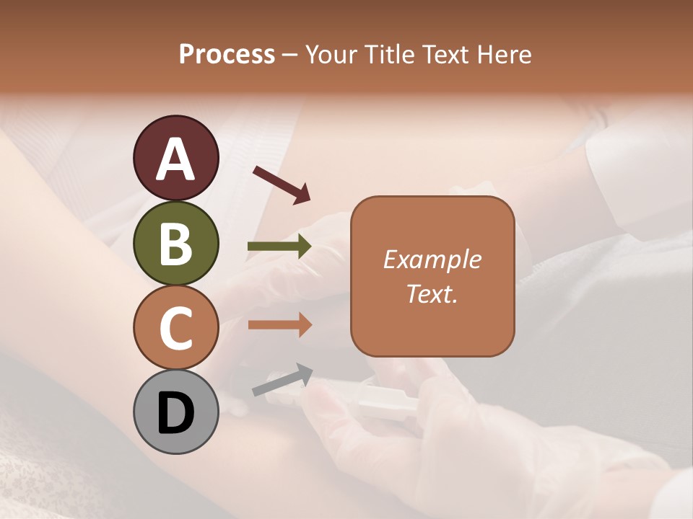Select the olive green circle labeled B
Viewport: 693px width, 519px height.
pyautogui.click(x=175, y=243)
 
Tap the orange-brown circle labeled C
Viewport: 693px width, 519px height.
pyautogui.click(x=175, y=327)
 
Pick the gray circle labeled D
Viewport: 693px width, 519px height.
pyautogui.click(x=175, y=412)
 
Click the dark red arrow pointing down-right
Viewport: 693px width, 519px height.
pyautogui.click(x=282, y=185)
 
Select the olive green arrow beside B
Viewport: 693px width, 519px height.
pyautogui.click(x=279, y=247)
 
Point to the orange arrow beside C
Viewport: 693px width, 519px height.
pyautogui.click(x=279, y=325)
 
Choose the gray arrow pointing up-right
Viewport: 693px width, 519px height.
pyautogui.click(x=282, y=380)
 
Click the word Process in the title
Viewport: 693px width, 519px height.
pyautogui.click(x=227, y=54)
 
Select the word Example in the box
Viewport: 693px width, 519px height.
pyautogui.click(x=432, y=259)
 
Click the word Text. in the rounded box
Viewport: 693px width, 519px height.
pyautogui.click(x=432, y=293)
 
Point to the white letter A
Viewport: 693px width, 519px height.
pyautogui.click(x=175, y=159)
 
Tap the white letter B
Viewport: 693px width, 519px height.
pyautogui.click(x=175, y=244)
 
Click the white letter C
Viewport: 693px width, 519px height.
pyautogui.click(x=175, y=329)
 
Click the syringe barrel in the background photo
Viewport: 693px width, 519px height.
pyautogui.click(x=386, y=401)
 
